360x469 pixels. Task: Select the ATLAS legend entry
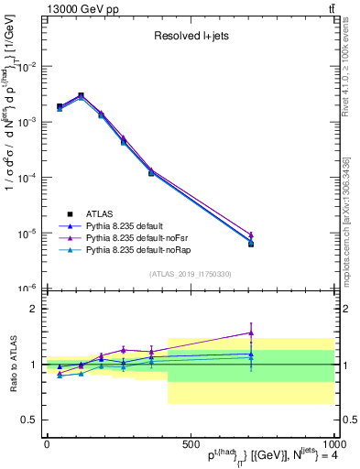pos(102,212)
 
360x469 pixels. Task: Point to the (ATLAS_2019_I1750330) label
pos(190,273)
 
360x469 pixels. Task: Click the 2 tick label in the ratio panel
pos(33,309)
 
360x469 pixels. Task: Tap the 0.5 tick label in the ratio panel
pos(30,420)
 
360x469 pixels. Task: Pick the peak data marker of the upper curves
pos(81,95)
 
